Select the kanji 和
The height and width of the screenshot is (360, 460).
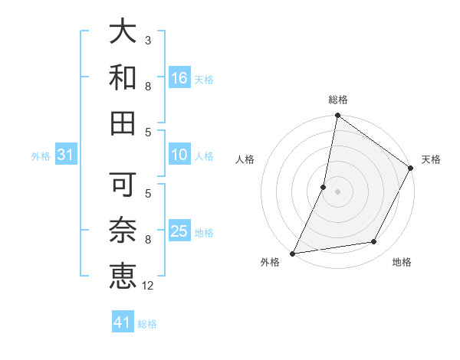[x=123, y=77]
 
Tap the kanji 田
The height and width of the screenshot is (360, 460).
[x=123, y=123]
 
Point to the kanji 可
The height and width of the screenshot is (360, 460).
[x=123, y=184]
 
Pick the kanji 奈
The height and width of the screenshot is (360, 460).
[x=123, y=230]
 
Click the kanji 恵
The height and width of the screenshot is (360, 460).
[x=123, y=276]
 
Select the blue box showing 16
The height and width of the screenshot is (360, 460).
[x=179, y=77]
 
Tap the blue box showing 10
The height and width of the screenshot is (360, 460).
[x=179, y=155]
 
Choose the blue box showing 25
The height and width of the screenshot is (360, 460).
[x=179, y=231]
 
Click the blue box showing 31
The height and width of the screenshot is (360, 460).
[x=65, y=155]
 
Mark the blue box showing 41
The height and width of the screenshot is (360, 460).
[x=123, y=322]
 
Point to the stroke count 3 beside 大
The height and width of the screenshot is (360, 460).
[x=148, y=40]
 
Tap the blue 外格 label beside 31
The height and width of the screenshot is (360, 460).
[x=41, y=156]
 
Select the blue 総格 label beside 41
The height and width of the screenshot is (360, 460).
[x=147, y=324]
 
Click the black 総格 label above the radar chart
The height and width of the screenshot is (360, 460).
[x=337, y=100]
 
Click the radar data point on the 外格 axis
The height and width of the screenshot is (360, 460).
[x=292, y=253]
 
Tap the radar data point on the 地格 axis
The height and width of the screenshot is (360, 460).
[x=374, y=242]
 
